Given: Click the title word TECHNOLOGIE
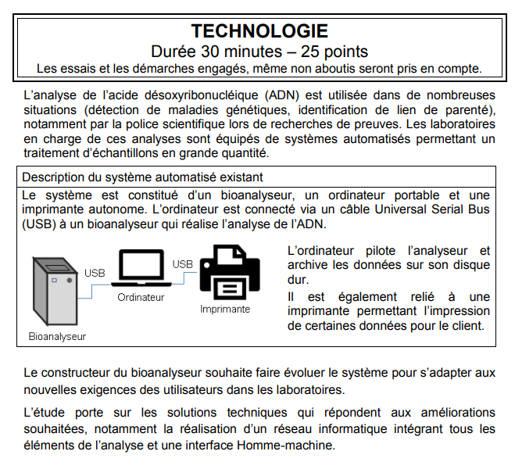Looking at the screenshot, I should (259, 31).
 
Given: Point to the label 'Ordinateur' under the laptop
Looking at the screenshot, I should (141, 298).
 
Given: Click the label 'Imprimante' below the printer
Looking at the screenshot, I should (225, 309).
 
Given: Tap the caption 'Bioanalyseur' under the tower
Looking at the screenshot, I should (57, 337).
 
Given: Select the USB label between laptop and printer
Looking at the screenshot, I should (183, 264).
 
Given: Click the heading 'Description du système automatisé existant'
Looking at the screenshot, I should (142, 177).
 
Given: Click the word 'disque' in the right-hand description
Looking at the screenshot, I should (471, 266).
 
